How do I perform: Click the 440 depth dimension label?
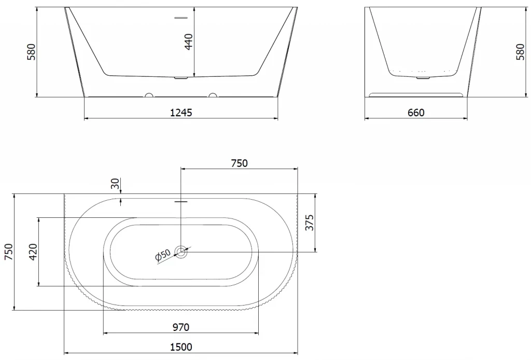pos(189,41)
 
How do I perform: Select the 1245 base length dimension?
pos(181,113)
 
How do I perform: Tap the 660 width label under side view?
pos(416,113)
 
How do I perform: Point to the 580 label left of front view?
pos(31,52)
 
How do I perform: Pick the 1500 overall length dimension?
pos(181,347)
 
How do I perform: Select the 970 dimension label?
pos(181,327)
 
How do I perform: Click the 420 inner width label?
pos(33,252)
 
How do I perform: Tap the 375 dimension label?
pos(310,223)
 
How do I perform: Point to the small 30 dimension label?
pos(116,184)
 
